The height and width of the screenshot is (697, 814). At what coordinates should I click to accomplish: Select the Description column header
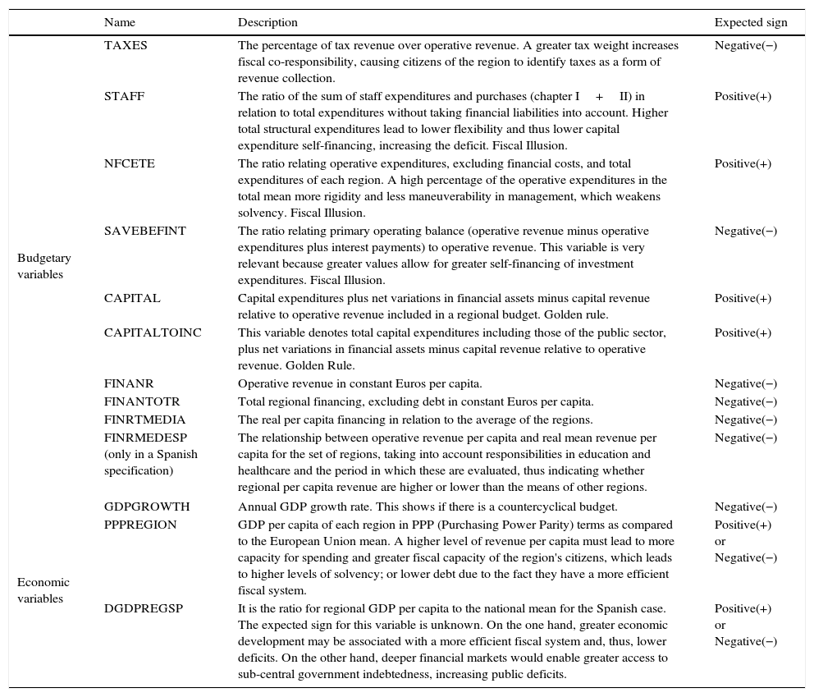[268, 22]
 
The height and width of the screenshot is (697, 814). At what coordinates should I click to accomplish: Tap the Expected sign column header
[750, 22]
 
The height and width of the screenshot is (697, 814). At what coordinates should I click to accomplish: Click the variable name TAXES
[126, 45]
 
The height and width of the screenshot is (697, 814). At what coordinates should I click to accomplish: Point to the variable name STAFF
[124, 96]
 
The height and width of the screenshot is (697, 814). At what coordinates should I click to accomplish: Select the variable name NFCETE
[129, 163]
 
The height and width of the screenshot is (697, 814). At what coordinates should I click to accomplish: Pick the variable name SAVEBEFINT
[144, 231]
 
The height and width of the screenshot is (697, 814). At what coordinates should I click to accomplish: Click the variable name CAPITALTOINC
[153, 332]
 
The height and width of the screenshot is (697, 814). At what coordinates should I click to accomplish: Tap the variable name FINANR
[129, 383]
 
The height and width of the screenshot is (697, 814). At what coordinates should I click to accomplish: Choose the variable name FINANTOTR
[142, 401]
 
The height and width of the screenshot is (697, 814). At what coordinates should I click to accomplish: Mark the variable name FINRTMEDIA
[144, 420]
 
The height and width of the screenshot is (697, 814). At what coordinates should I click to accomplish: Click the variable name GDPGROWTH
[146, 507]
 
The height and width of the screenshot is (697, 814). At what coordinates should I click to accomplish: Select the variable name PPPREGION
[140, 525]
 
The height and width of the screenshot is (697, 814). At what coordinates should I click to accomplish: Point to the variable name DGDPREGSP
[143, 608]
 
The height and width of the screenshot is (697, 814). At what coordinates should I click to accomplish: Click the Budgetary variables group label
[44, 266]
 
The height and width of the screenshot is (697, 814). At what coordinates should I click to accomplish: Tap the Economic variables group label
[43, 590]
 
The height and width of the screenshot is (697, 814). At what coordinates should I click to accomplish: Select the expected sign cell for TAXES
[745, 45]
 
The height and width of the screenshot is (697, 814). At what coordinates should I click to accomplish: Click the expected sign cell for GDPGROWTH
[745, 507]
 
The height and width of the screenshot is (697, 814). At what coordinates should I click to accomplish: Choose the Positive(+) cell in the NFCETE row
[743, 163]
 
